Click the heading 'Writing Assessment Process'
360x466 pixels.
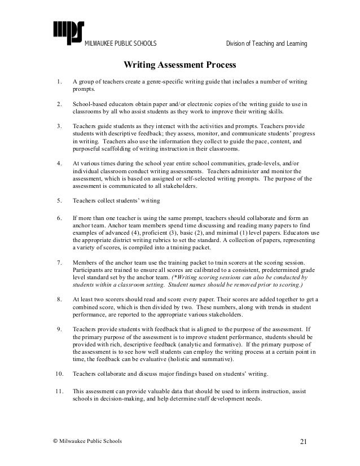pyautogui.click(x=179, y=67)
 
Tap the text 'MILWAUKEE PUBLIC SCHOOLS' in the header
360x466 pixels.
pyautogui.click(x=121, y=44)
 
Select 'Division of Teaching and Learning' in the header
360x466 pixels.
pyautogui.click(x=266, y=44)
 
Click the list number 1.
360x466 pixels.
pyautogui.click(x=59, y=83)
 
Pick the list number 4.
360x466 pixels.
pyautogui.click(x=59, y=164)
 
